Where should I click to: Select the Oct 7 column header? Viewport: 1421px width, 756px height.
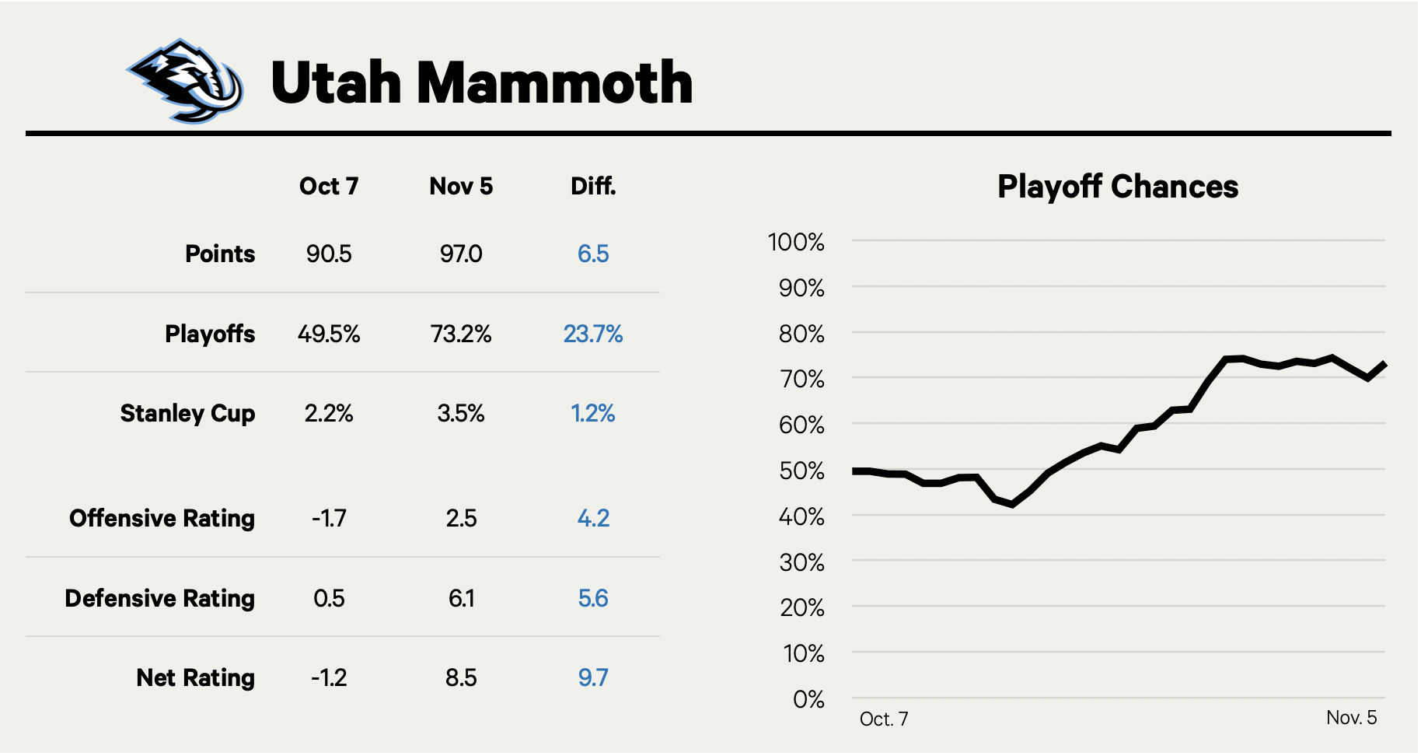[x=328, y=187]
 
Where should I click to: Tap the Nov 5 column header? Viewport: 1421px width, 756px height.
[x=461, y=187]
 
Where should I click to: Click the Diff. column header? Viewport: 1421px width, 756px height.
[x=593, y=187]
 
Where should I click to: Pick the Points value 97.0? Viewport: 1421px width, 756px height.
[x=461, y=254]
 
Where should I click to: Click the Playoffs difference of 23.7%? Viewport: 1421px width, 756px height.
[x=593, y=334]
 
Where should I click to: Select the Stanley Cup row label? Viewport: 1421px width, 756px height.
[x=187, y=414]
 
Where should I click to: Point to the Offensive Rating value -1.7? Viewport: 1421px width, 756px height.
[x=329, y=519]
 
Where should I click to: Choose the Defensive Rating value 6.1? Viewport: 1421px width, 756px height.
[x=461, y=599]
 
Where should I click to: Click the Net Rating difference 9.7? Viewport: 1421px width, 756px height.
[x=593, y=678]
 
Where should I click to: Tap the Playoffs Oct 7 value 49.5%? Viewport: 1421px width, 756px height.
[x=329, y=334]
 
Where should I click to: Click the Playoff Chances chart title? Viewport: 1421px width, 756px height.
[x=1118, y=187]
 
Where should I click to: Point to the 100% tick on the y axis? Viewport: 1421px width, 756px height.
[x=795, y=242]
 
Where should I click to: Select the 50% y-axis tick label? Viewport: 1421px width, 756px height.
[x=801, y=471]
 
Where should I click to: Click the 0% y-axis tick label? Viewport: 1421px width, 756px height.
[x=808, y=700]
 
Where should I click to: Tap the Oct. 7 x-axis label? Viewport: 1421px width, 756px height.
[x=884, y=719]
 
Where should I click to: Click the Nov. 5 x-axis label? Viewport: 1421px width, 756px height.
[x=1351, y=718]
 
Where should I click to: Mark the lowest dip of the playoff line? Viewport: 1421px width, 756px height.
[x=1012, y=505]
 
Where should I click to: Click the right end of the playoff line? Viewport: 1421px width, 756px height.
[x=1384, y=364]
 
